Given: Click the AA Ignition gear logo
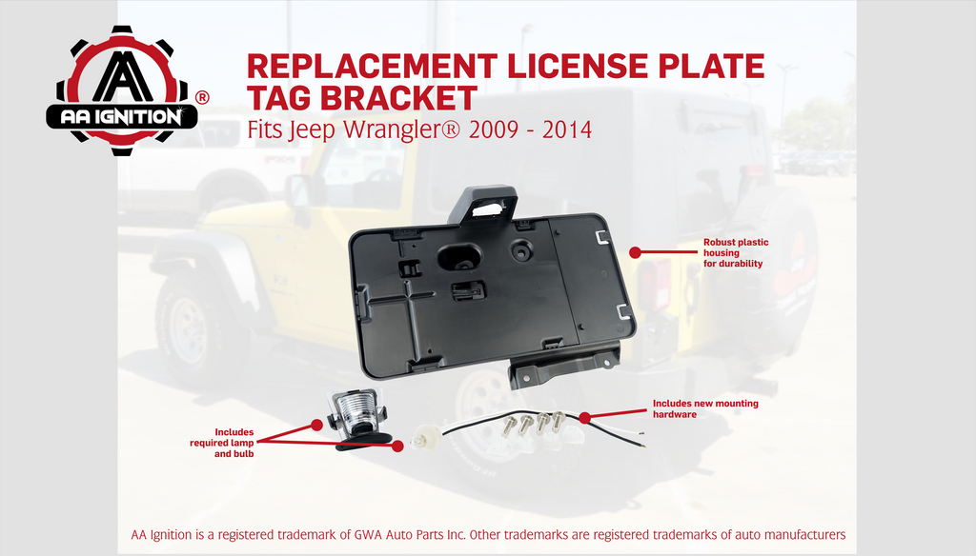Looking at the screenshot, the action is click(122, 90).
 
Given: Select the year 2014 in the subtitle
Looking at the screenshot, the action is click(566, 129).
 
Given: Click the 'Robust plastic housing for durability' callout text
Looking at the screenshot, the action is click(736, 252).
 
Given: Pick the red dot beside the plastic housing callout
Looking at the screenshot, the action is click(635, 252).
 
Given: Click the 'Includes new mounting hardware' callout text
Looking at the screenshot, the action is click(705, 408).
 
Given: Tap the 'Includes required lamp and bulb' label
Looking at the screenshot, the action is click(222, 443).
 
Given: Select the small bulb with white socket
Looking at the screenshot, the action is click(428, 434).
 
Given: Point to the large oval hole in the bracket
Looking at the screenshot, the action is click(459, 256).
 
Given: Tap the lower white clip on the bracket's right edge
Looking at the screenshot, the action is click(623, 311).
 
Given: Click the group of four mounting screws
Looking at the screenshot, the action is click(534, 425).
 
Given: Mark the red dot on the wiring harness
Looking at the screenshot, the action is click(584, 418).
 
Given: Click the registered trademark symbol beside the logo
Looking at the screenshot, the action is click(202, 98).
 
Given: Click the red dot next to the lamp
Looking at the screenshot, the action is click(316, 426).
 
